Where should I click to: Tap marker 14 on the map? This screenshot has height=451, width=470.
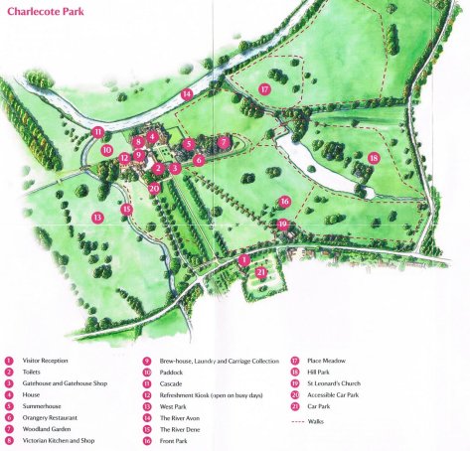click(186, 94)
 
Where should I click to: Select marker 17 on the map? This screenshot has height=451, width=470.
click(265, 88)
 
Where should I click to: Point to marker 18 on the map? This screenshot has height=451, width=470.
click(374, 158)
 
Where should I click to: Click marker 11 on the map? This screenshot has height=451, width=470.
click(97, 132)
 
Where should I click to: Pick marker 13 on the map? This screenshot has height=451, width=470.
click(97, 217)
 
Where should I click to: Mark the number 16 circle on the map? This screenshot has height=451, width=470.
click(285, 202)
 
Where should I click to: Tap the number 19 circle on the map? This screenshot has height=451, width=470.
click(283, 225)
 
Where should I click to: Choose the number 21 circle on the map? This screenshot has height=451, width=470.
click(261, 271)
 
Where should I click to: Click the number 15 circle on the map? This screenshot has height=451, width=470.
click(127, 209)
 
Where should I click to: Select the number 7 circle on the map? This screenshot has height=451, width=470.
click(225, 142)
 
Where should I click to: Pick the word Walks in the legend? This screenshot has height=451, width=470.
click(324, 421)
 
